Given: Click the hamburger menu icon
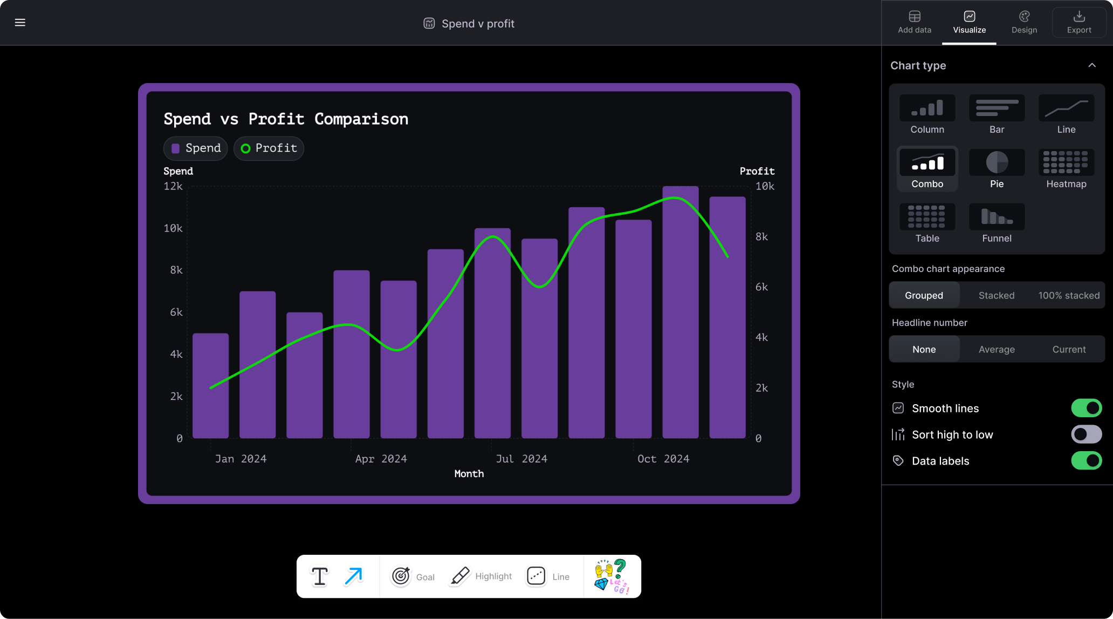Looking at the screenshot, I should tap(20, 23).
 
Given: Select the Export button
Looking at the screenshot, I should tap(1078, 23).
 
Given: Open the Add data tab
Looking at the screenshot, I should tap(914, 23).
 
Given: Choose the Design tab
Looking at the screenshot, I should tap(1024, 23).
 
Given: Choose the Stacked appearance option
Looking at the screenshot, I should tap(996, 296).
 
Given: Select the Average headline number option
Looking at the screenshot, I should tap(996, 350).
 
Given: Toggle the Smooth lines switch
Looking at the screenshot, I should tap(1086, 409).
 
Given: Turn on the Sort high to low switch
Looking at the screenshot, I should tap(1086, 434).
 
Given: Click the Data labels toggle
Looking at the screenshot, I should tap(1086, 461).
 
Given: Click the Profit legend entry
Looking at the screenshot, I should tap(269, 148).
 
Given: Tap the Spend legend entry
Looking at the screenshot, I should tap(196, 148).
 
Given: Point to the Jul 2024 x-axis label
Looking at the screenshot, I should tap(521, 459).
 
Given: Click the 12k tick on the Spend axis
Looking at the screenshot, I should tap(173, 186).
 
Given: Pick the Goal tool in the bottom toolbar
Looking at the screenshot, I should tap(413, 576).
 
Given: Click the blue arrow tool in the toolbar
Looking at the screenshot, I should tap(354, 576).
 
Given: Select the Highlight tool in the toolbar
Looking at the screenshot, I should tap(480, 576).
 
